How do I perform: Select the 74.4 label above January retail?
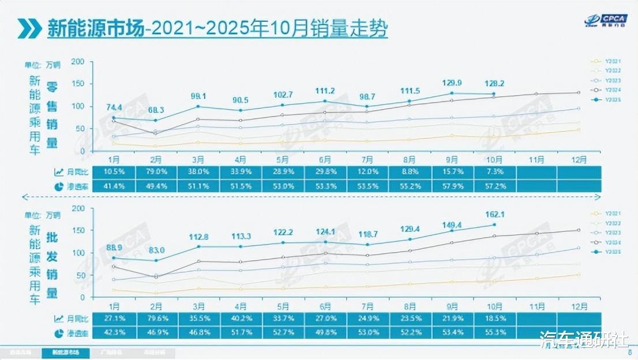(114, 107)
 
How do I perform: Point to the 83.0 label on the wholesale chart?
(156, 250)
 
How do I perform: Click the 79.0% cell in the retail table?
(156, 172)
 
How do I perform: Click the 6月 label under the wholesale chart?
(325, 306)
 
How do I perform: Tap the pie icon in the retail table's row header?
(59, 186)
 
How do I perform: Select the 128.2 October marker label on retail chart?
(494, 84)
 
